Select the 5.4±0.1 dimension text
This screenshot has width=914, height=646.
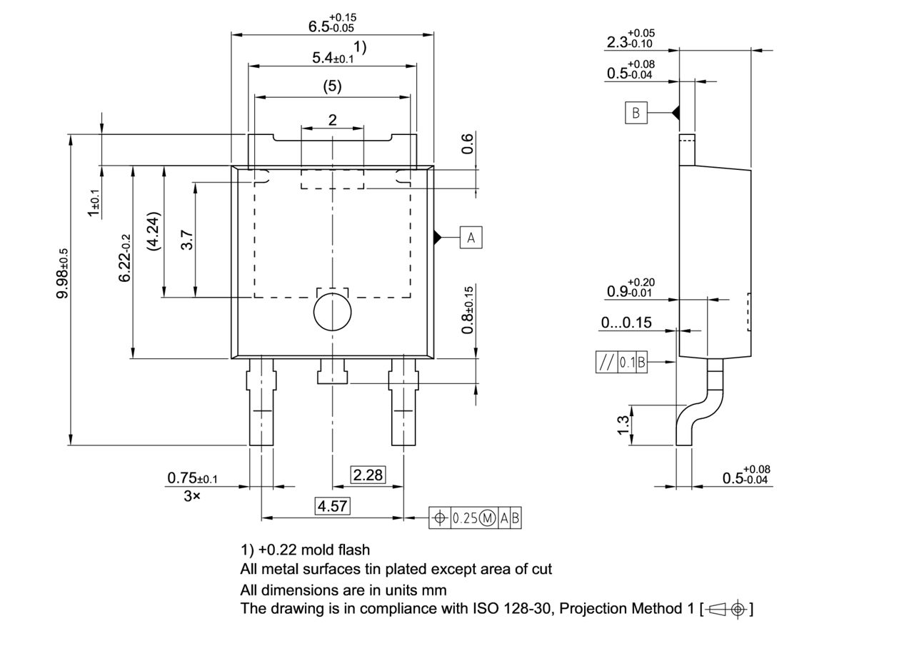tap(333, 58)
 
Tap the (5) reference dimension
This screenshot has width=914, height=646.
tap(332, 86)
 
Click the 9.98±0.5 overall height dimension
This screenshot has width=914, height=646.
tap(63, 273)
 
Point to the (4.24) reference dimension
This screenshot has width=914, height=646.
tap(151, 231)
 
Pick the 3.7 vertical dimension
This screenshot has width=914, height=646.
tap(187, 239)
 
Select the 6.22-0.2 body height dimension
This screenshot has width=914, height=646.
tap(125, 258)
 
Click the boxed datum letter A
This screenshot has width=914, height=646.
tap(471, 238)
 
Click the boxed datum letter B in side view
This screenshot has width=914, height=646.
tap(636, 113)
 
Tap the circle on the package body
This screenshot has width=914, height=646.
tap(333, 312)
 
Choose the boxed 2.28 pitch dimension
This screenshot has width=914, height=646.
tap(368, 475)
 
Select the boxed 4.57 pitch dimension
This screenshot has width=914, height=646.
tap(333, 506)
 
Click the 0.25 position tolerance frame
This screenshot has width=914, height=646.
tap(475, 518)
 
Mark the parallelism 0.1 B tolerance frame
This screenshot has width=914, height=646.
tap(621, 363)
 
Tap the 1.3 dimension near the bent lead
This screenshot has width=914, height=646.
tap(623, 424)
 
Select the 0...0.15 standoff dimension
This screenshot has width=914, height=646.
tap(626, 323)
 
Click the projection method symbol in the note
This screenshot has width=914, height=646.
tap(728, 609)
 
